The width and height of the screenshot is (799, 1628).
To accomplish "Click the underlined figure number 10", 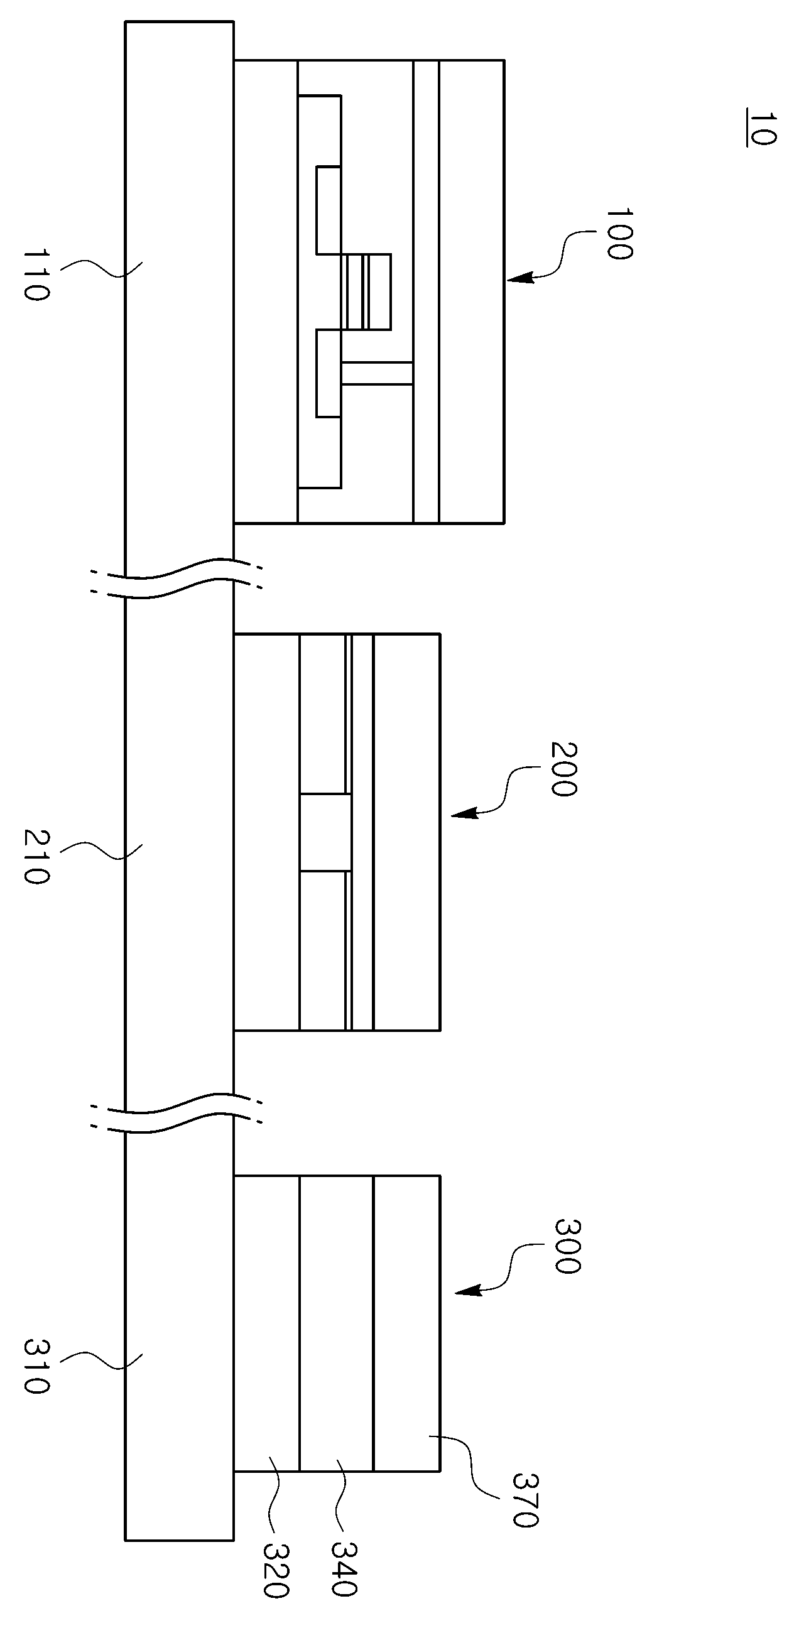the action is coord(761,129).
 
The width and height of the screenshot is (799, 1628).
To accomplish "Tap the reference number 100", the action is coord(619,233).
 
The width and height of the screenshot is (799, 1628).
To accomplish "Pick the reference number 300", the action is coord(567,1246).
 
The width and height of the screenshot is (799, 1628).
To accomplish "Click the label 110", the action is coord(35,275).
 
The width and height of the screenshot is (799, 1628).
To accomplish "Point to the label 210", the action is coord(35,857).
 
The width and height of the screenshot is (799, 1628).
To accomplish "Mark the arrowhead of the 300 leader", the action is coord(468,1291).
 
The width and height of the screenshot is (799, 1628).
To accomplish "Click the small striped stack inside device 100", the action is coord(369,291).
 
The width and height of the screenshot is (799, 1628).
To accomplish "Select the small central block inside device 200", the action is coord(325,833).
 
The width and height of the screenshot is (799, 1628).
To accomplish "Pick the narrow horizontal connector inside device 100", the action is coord(377,373).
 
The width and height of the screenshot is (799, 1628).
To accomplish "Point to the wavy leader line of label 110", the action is coord(101,269).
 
